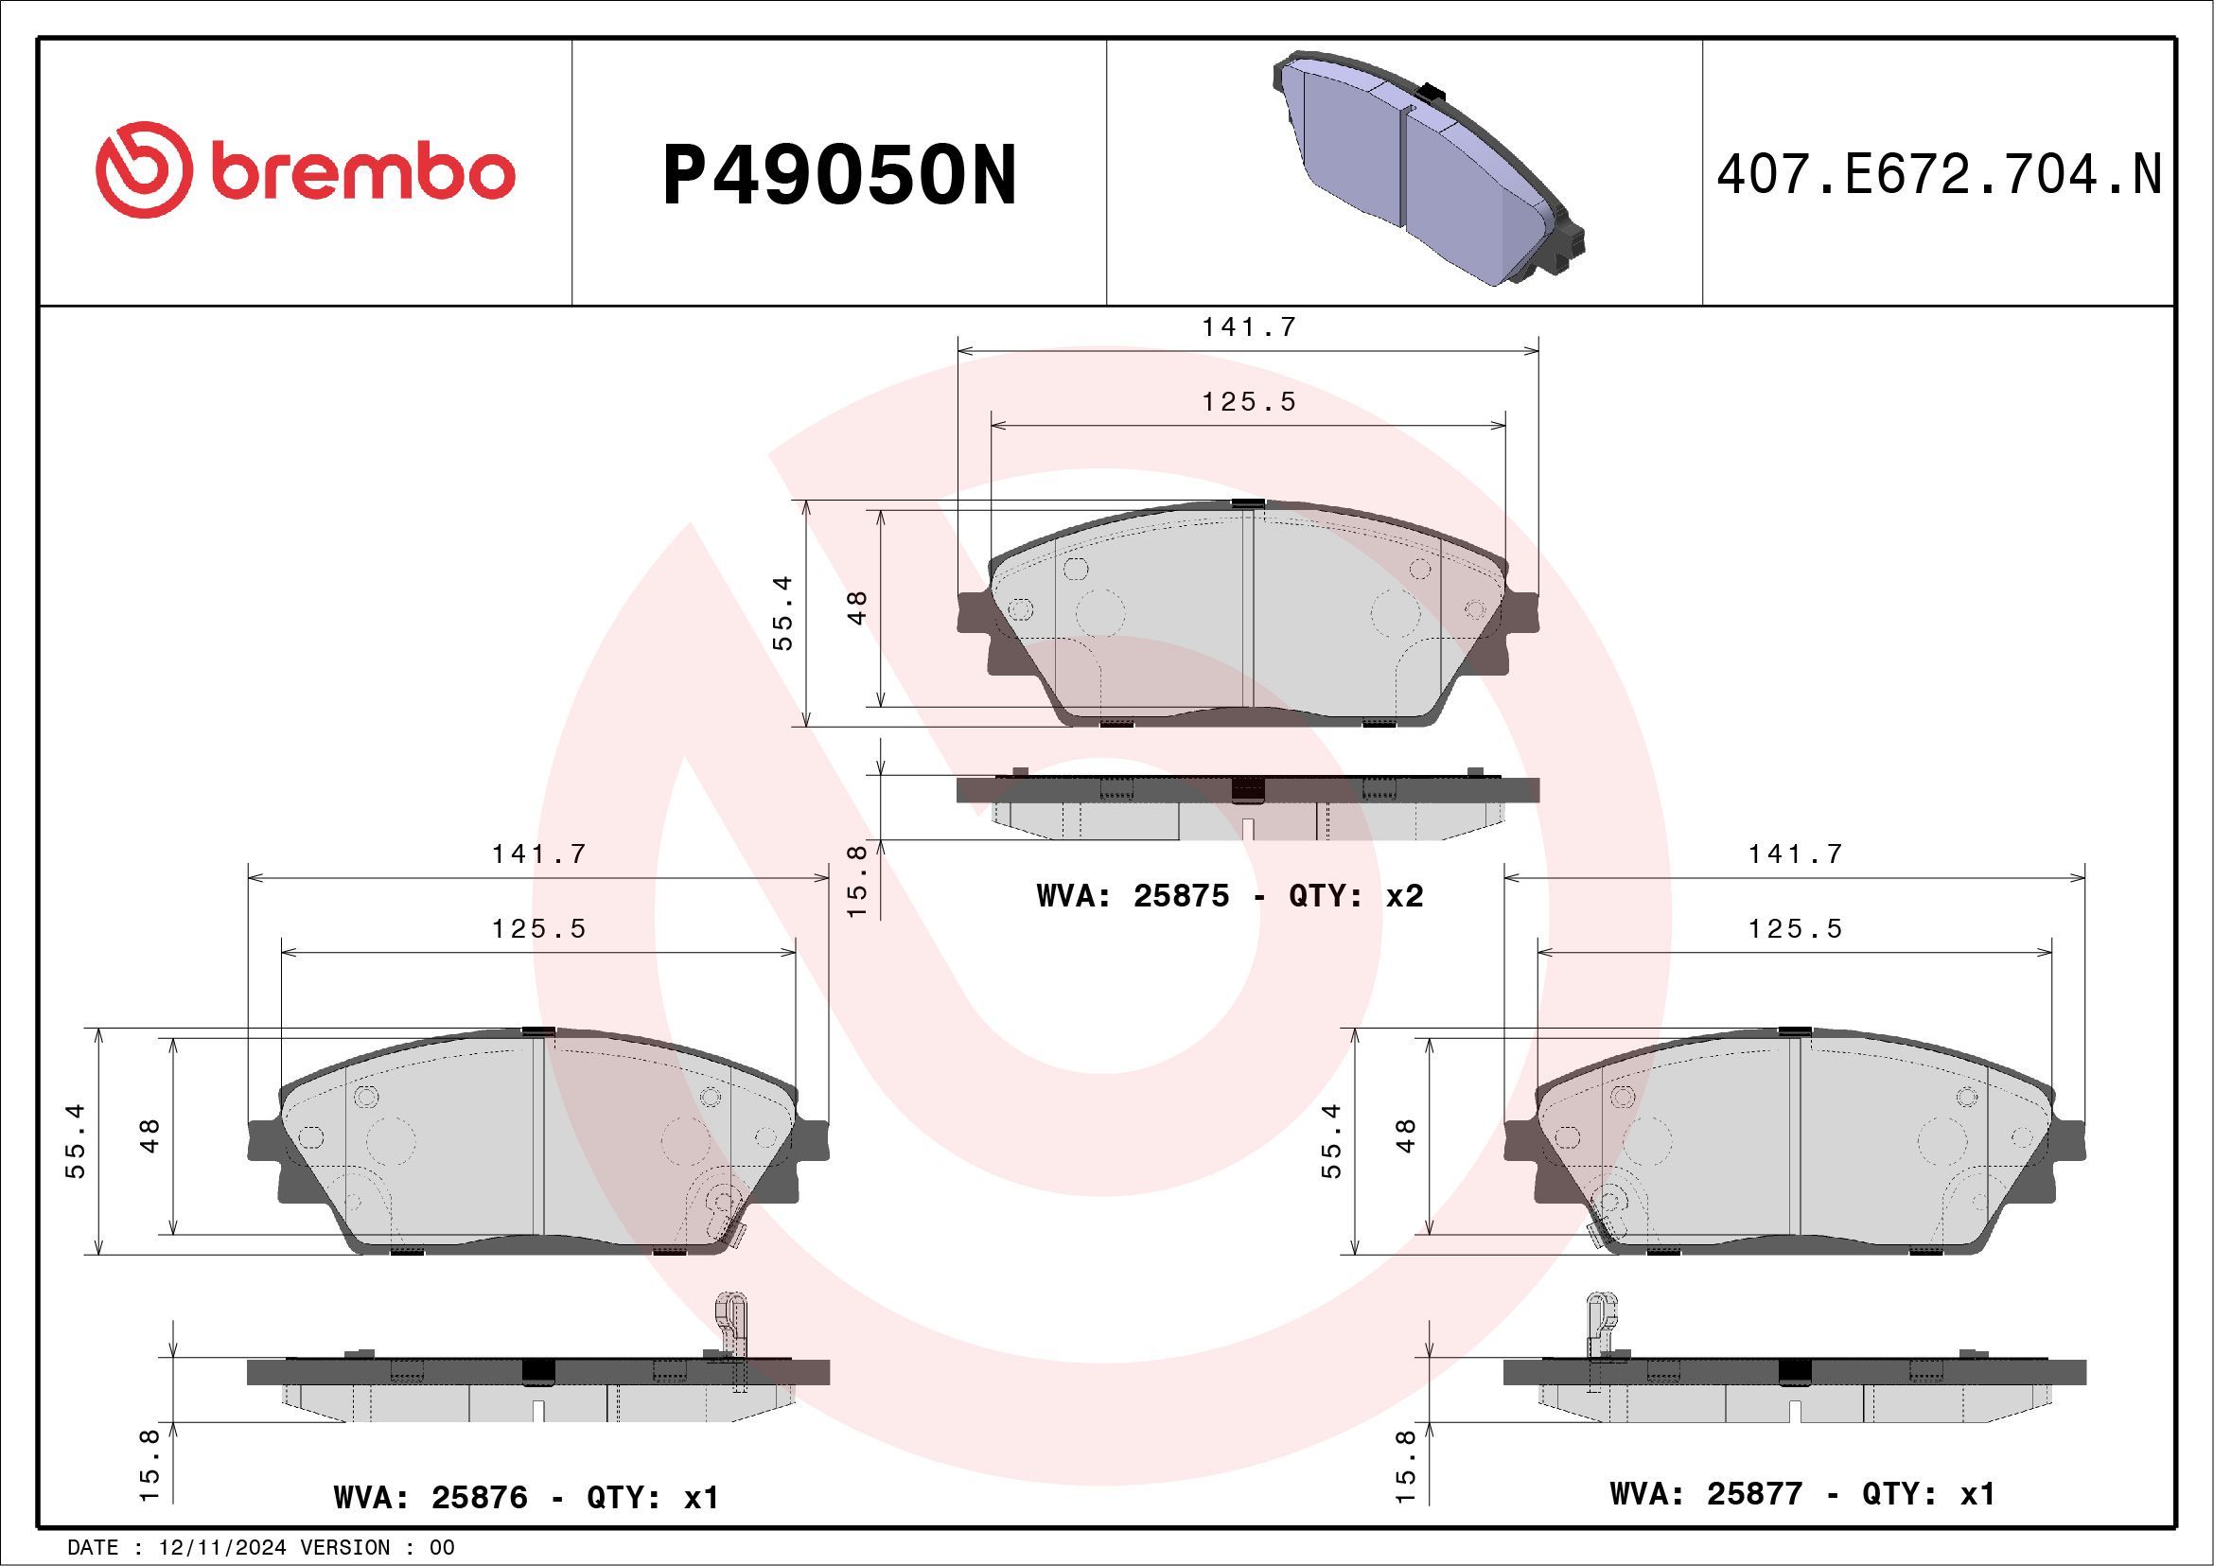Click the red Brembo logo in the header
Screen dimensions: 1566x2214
(304, 173)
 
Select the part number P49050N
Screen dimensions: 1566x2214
(839, 175)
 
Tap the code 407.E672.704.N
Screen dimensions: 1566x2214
(1939, 175)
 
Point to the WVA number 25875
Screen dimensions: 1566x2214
(1181, 896)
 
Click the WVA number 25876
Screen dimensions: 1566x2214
(480, 1497)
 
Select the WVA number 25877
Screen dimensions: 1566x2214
(1754, 1493)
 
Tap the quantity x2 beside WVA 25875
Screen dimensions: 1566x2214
(1404, 896)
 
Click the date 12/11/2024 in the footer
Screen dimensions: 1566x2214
(222, 1547)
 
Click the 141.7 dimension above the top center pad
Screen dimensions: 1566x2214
(1249, 327)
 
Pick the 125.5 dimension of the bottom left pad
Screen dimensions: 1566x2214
(539, 928)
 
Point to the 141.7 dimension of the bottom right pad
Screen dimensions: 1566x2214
(1796, 854)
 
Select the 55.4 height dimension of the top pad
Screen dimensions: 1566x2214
(783, 612)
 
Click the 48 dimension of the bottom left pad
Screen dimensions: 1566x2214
(150, 1135)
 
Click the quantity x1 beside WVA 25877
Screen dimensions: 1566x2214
(1977, 1493)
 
